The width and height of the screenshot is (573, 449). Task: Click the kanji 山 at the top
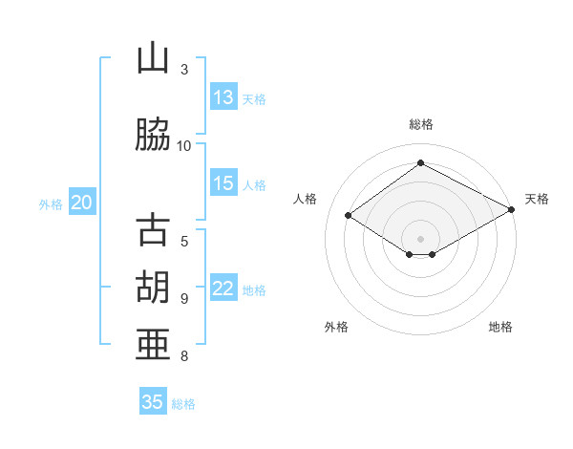153,60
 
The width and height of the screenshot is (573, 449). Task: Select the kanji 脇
153,136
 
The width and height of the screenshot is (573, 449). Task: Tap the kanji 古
153,232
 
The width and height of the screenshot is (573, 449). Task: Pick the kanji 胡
153,288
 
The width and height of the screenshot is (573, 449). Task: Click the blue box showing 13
223,97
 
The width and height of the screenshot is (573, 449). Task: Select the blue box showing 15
223,183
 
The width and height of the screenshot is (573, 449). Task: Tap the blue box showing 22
223,289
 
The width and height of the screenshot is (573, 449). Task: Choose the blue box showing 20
82,203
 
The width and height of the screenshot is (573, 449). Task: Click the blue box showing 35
153,402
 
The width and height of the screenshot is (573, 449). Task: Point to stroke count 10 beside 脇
184,145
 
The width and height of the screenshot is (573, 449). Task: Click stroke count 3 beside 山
184,69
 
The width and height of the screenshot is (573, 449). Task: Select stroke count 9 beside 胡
184,299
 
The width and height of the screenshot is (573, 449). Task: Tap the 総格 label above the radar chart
420,124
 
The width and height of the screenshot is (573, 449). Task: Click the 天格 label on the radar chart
537,199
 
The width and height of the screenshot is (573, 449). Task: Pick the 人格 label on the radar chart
305,199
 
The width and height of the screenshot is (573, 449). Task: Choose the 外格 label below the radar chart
336,327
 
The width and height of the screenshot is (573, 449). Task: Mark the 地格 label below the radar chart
500,327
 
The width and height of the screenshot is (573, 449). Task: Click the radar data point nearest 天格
512,211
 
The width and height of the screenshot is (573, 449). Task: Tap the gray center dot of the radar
420,237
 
